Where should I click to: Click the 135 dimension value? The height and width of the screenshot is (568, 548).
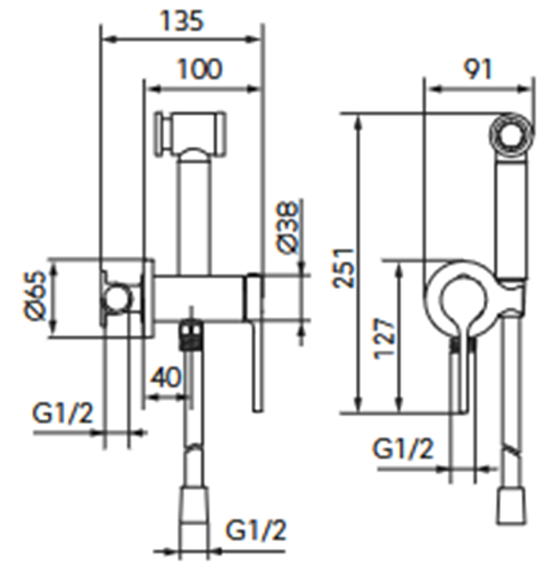[182, 21]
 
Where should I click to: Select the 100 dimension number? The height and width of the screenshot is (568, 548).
[200, 69]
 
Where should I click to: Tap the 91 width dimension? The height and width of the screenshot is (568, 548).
[478, 68]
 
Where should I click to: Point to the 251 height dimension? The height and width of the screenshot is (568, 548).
[344, 268]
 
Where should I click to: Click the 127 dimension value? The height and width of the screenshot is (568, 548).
[384, 338]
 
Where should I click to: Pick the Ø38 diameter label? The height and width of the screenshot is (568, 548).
[288, 227]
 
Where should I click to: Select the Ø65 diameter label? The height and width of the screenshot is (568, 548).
[35, 295]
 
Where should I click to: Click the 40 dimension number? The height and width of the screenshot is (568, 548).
[165, 377]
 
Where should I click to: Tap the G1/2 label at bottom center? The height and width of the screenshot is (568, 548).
[256, 530]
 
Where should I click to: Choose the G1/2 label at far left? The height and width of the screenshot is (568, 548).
[63, 413]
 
